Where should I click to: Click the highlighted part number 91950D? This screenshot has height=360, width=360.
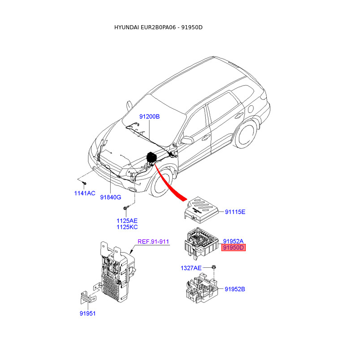tap(233, 247)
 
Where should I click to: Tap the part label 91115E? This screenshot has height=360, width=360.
tap(235, 211)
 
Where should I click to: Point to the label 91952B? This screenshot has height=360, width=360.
tap(235, 289)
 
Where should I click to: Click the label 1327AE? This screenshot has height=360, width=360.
tap(191, 268)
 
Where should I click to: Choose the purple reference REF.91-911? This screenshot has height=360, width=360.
tap(153, 242)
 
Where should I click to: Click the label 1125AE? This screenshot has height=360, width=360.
tap(127, 220)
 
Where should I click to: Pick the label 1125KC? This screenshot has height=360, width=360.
tap(127, 227)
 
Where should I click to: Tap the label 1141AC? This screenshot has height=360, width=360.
tap(85, 193)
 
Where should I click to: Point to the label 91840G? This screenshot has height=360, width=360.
tap(111, 197)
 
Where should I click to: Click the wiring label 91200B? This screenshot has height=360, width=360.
tap(149, 117)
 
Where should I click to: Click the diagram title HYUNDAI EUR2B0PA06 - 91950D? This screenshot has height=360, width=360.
tap(158, 27)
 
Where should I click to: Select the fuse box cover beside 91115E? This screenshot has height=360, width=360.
tap(202, 208)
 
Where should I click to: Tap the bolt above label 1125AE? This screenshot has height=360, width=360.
tap(126, 207)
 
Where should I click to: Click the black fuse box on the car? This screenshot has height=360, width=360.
tap(152, 158)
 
